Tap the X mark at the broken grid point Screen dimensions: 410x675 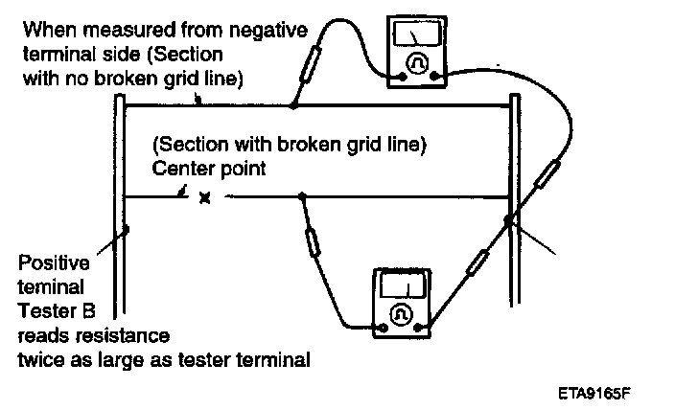pos(203,198)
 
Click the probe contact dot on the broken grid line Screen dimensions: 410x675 pos(303,197)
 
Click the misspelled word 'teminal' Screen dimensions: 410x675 pos(57,286)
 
